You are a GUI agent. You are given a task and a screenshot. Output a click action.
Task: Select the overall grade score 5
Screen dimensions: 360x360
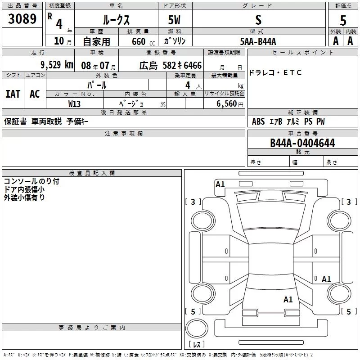tap(343, 20)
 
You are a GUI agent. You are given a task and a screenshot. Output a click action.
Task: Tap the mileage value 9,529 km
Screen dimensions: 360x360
tap(56, 65)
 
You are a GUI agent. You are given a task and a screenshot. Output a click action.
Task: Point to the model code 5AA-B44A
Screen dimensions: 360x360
tap(258, 41)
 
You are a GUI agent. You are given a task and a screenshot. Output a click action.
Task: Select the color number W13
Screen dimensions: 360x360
tap(75, 103)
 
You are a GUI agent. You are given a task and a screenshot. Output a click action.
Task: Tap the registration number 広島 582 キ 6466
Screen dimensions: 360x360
tap(170, 65)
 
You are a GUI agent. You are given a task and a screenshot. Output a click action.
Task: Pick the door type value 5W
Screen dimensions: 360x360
tap(175, 20)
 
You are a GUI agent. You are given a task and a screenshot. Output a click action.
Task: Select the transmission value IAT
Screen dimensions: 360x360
tap(13, 94)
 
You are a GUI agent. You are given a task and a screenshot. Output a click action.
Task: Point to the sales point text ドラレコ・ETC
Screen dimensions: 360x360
tap(275, 73)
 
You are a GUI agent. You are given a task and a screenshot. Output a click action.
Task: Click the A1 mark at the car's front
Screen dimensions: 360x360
tap(220, 184)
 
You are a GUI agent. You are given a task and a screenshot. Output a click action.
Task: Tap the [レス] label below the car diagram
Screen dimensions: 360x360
tap(196, 344)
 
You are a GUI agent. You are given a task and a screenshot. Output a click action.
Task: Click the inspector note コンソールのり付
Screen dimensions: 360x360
tap(31, 182)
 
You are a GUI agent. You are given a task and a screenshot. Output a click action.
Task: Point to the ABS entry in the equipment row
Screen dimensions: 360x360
tap(258, 121)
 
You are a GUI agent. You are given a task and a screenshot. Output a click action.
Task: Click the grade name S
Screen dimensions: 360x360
tap(258, 20)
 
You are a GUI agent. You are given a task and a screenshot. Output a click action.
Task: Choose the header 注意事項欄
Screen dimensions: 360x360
tap(124, 134)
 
